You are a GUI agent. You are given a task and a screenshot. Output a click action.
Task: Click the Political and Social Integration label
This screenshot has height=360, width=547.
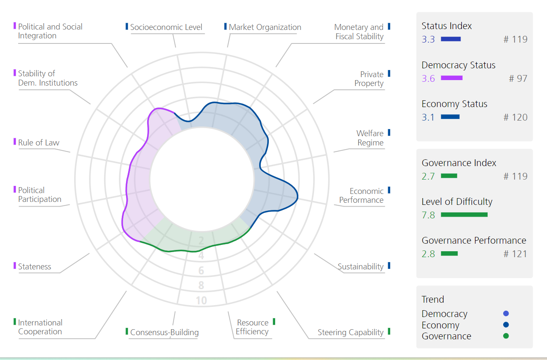pyautogui.click(x=50, y=31)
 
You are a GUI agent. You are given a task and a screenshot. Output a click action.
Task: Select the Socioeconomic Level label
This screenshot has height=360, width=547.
pyautogui.click(x=166, y=27)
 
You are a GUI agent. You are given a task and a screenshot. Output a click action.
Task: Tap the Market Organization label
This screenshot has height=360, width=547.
pyautogui.click(x=265, y=27)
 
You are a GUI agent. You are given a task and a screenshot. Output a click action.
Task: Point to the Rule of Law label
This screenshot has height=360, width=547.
pyautogui.click(x=38, y=142)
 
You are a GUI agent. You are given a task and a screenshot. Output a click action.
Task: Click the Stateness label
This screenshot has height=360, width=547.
pyautogui.click(x=35, y=266)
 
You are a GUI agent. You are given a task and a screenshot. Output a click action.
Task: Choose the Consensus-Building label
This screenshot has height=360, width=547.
pyautogui.click(x=164, y=332)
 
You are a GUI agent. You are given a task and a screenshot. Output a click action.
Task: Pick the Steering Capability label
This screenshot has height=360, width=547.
pyautogui.click(x=351, y=333)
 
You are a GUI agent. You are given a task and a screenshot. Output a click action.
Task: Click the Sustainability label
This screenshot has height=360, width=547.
pyautogui.click(x=360, y=266)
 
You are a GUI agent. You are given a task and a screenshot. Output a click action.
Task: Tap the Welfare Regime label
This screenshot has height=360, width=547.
pyautogui.click(x=370, y=138)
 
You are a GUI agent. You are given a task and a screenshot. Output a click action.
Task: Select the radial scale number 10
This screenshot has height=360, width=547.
pyautogui.click(x=201, y=301)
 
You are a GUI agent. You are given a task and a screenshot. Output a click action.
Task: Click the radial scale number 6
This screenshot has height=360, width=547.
pyautogui.click(x=201, y=271)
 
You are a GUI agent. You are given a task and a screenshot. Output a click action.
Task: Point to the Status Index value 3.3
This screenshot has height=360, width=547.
pyautogui.click(x=428, y=39)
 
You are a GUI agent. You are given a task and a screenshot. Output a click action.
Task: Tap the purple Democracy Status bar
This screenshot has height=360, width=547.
pyautogui.click(x=452, y=78)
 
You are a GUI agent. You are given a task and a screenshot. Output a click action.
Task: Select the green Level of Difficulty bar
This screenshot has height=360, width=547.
pyautogui.click(x=464, y=215)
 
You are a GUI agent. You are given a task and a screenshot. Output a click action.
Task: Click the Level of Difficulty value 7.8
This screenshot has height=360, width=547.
pyautogui.click(x=428, y=215)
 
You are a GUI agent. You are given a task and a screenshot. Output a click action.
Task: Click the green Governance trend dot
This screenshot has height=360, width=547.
pyautogui.click(x=506, y=336)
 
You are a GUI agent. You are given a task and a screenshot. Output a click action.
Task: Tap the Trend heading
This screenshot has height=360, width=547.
pyautogui.click(x=433, y=299)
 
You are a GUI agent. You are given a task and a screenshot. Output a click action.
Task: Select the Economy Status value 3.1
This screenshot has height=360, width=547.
pyautogui.click(x=428, y=117)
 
